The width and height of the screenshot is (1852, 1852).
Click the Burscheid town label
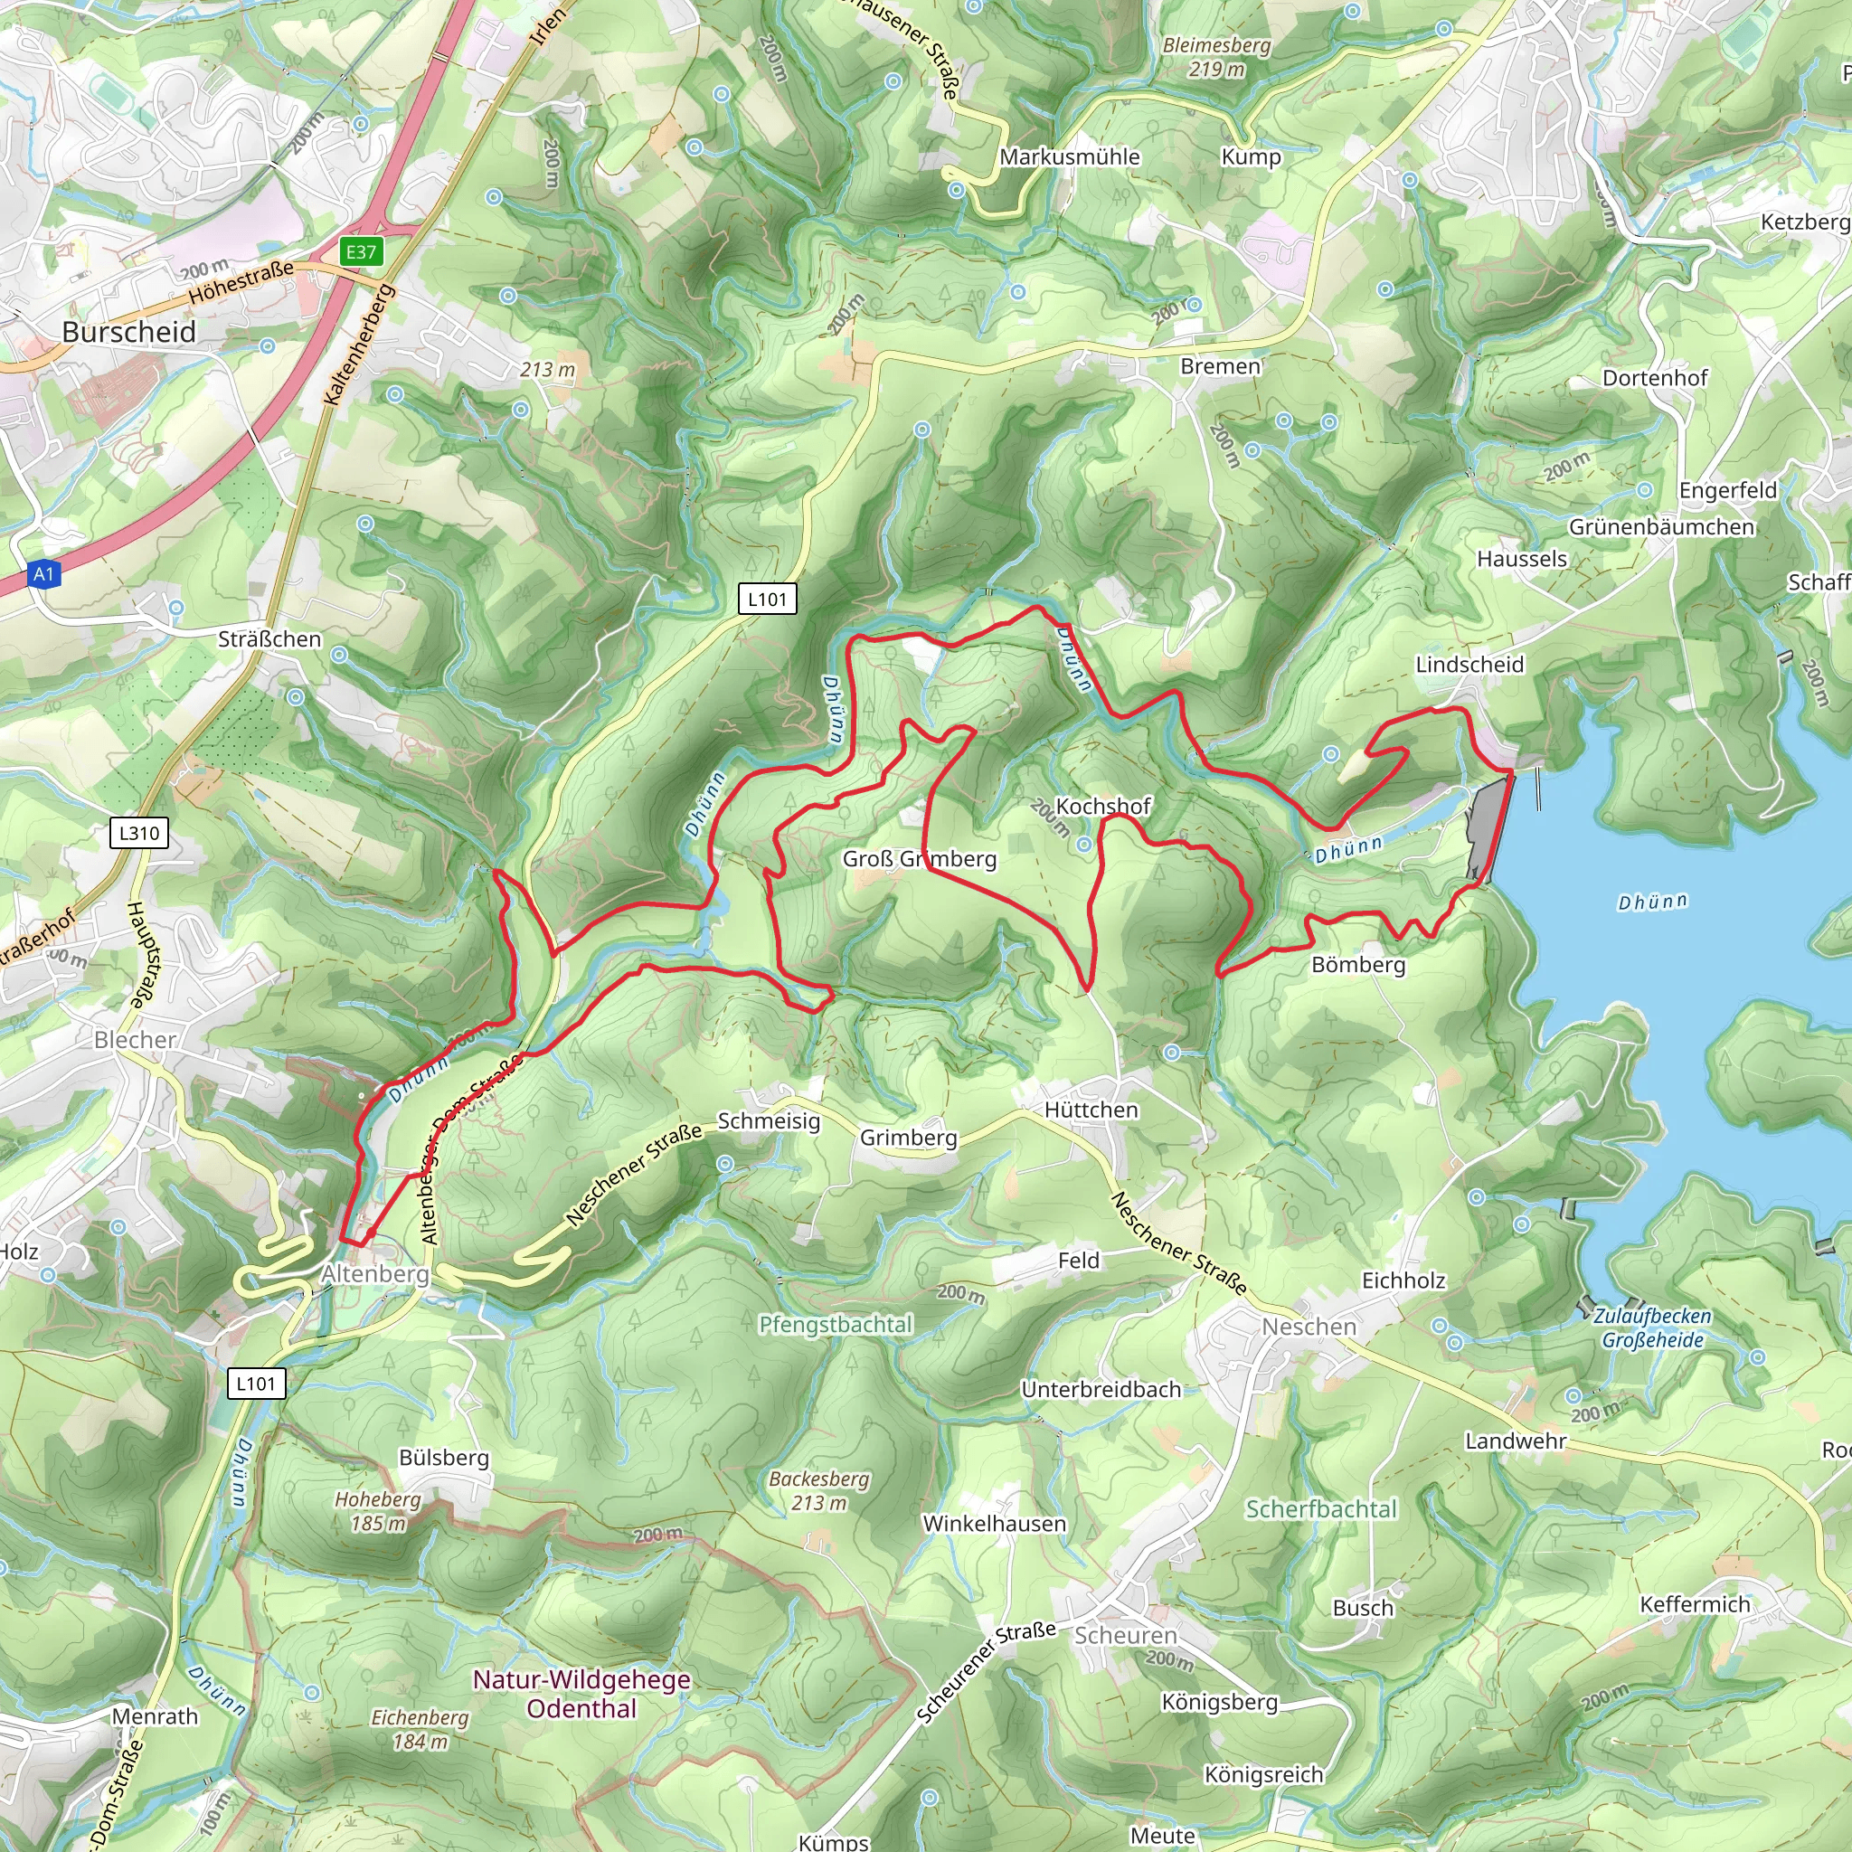pos(128,333)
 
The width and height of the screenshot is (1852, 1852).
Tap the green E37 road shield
pos(362,252)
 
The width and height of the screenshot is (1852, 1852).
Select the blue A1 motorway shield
pos(43,574)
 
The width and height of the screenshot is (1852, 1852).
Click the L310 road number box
pos(140,833)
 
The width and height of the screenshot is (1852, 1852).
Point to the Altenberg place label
pos(374,1274)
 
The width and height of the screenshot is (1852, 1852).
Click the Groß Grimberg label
pos(920,859)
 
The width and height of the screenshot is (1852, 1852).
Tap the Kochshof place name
pos(1102,806)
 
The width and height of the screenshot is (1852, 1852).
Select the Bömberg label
pos(1357,964)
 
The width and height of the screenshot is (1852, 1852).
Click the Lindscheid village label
pos(1469,665)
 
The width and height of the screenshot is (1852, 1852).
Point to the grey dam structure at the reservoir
pos(1488,828)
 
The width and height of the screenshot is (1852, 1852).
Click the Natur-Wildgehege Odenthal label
pos(581,1694)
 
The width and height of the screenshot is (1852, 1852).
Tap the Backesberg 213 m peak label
pos(818,1490)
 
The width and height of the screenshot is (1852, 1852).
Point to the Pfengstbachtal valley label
pos(835,1325)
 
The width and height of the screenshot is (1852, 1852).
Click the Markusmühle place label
pos(1069,156)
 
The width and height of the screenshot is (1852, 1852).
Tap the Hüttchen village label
pos(1091,1110)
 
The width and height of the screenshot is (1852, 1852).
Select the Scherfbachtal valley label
pos(1320,1509)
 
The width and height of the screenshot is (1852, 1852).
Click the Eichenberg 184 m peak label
pos(420,1729)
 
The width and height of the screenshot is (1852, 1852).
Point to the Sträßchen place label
pos(269,639)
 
